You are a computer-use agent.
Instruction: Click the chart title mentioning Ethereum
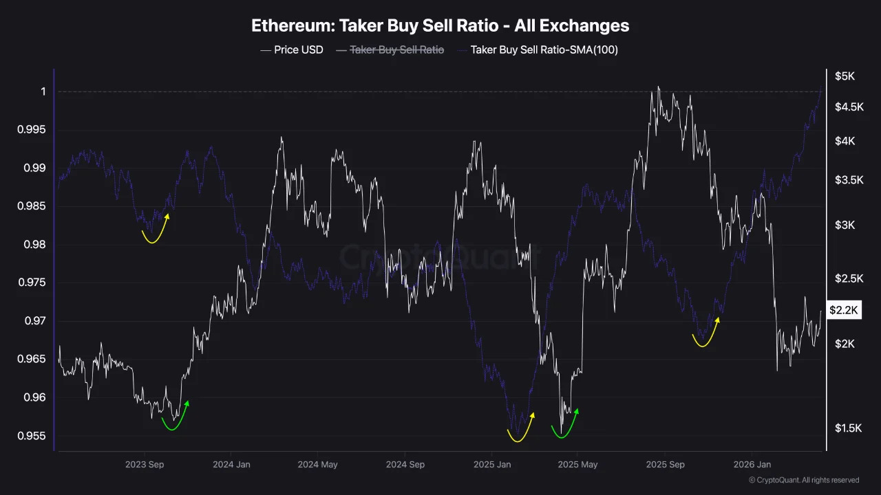tap(440, 26)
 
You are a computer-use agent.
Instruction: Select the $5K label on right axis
tap(845, 76)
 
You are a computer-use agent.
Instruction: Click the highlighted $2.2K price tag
tap(843, 311)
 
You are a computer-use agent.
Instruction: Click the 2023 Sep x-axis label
tap(145, 465)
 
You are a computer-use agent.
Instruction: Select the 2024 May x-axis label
tap(317, 465)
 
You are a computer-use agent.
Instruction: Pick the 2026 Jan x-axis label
tap(752, 465)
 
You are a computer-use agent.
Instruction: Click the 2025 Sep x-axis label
tap(666, 465)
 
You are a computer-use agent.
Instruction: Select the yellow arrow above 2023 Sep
tap(155, 230)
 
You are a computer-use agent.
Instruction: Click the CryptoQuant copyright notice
tap(803, 480)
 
